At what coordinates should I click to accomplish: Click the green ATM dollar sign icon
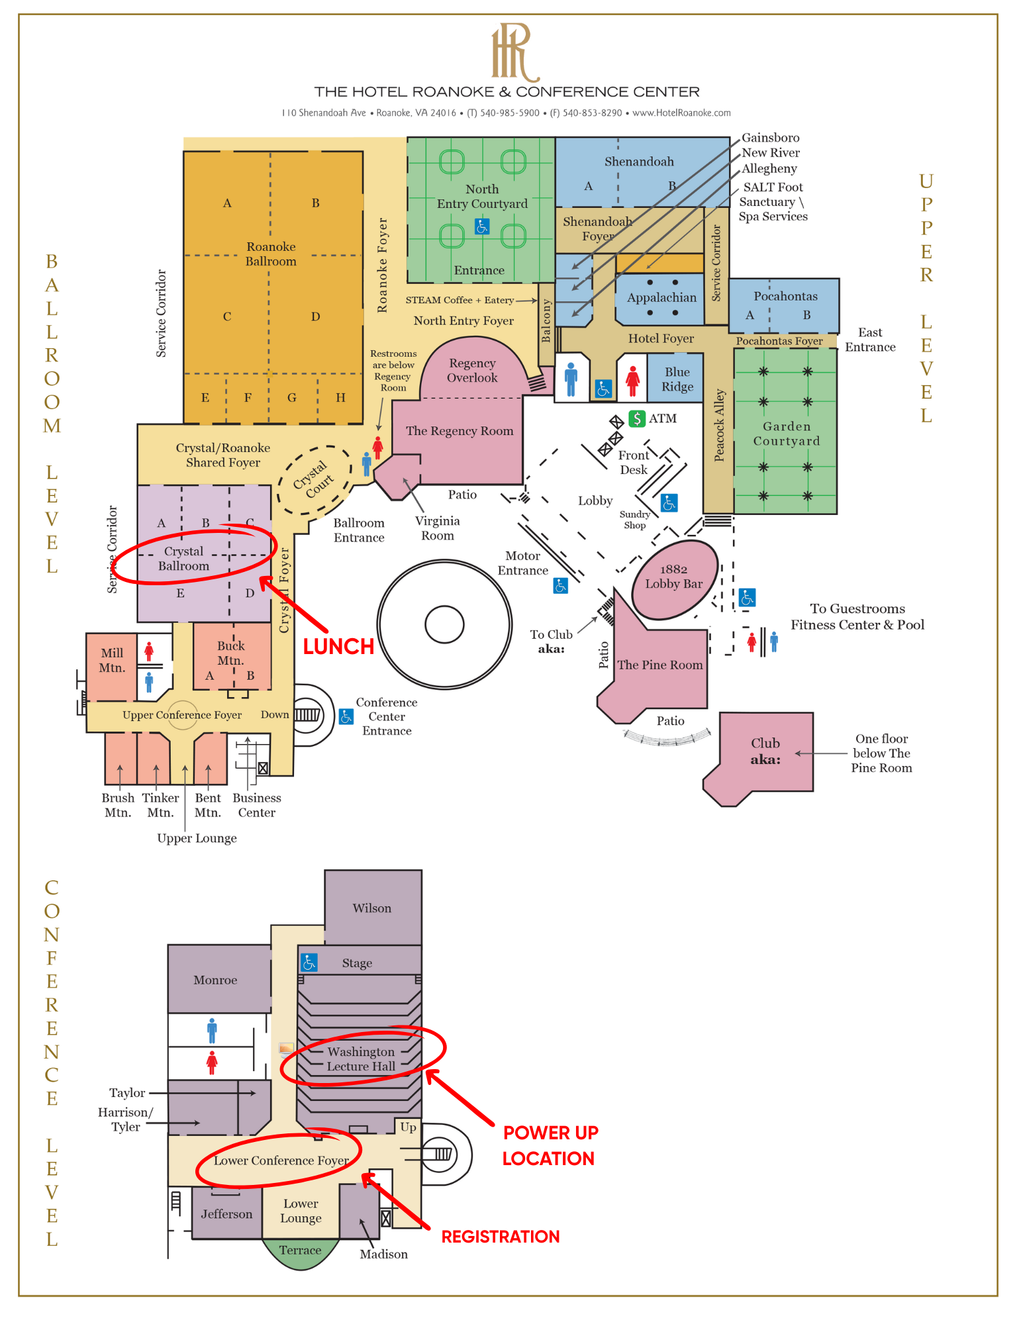(x=636, y=418)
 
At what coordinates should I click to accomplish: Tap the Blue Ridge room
(x=677, y=379)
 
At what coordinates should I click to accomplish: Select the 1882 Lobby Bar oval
(x=674, y=577)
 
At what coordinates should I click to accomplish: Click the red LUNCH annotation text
(x=338, y=646)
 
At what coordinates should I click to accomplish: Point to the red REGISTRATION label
(x=500, y=1237)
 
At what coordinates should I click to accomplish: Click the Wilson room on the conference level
(x=372, y=908)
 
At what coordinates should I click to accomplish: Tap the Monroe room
(x=216, y=980)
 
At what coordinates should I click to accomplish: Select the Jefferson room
(x=226, y=1214)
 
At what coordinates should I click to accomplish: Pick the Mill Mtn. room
(x=111, y=661)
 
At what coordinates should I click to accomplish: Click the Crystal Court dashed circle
(x=315, y=479)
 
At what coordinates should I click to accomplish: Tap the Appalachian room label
(x=661, y=298)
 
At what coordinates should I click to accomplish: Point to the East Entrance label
(x=869, y=340)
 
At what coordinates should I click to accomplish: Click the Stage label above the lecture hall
(x=357, y=963)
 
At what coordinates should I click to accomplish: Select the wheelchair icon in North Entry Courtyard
(x=482, y=227)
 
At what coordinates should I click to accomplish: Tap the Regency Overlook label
(x=471, y=371)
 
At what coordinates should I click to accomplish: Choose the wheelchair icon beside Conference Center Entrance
(x=346, y=717)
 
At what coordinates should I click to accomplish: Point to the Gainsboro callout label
(x=770, y=138)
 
